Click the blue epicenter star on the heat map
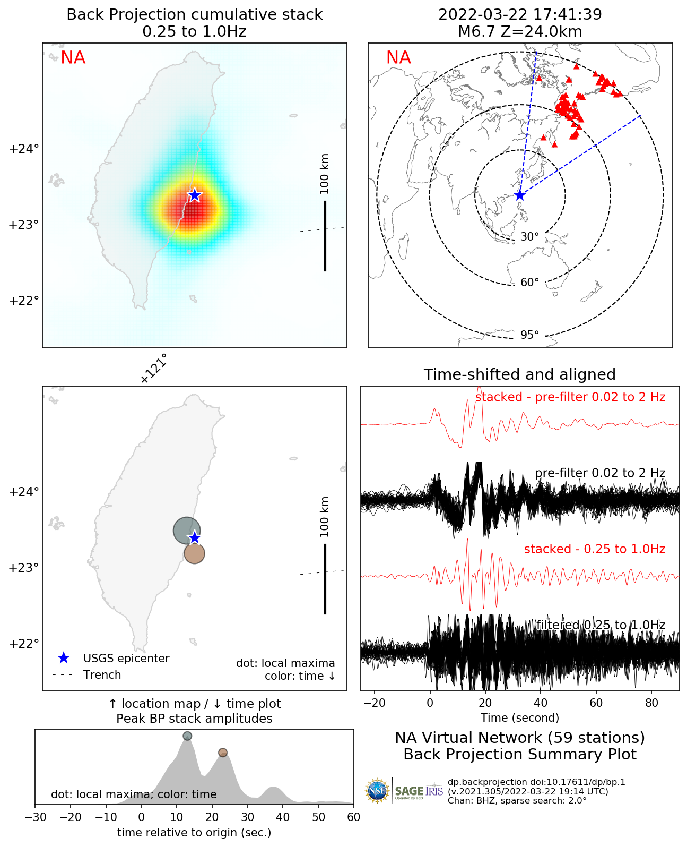pos(195,195)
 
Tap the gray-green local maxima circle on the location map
pos(186,530)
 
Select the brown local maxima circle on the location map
pos(195,554)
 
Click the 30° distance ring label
pos(529,237)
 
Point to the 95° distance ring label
pos(529,335)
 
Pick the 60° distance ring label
pos(529,283)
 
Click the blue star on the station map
pos(519,195)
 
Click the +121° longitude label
pos(154,369)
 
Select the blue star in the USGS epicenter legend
pos(64,659)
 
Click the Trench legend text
pos(102,675)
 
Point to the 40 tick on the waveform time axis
pos(541,703)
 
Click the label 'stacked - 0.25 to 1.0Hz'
pos(594,549)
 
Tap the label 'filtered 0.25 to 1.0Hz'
pos(601,625)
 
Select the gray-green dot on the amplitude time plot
pos(187,736)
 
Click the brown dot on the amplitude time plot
pos(223,753)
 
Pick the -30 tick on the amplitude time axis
pos(35,817)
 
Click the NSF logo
pos(377,791)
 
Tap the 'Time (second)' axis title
pos(520,718)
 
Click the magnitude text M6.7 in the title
pos(475,32)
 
